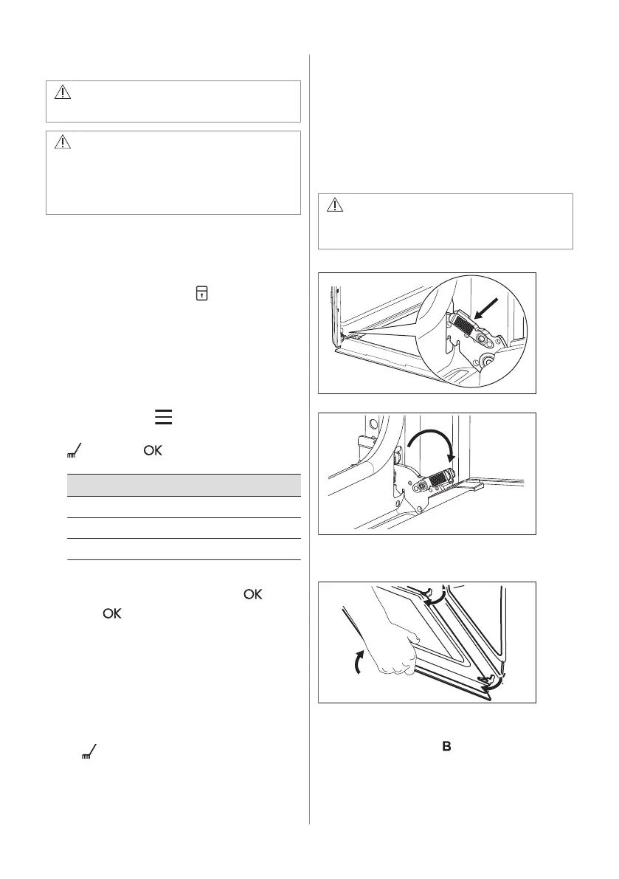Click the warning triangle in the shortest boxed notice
click(62, 93)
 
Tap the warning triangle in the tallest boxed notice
click(62, 143)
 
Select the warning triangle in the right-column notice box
click(334, 205)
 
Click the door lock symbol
click(200, 294)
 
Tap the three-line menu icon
click(163, 418)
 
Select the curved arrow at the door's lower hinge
click(488, 681)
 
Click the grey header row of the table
click(184, 485)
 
